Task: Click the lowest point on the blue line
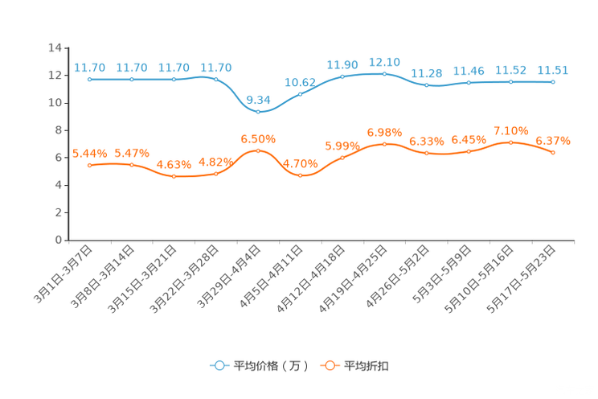point(258,112)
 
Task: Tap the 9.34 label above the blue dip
point(258,100)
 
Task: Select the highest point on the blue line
point(384,73)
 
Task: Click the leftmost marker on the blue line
point(89,80)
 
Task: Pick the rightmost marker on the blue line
point(553,81)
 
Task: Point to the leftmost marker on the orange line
point(89,165)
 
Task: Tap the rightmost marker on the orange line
point(553,152)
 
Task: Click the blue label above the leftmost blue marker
point(89,68)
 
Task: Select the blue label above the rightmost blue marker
point(553,70)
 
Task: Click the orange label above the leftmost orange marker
point(89,153)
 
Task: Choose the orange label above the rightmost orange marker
point(553,141)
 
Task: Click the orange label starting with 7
point(510,130)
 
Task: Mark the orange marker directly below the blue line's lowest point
point(258,150)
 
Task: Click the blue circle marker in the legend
point(218,365)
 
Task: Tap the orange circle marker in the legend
point(329,365)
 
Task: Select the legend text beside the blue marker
point(270,366)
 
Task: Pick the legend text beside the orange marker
point(367,366)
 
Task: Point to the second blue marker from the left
point(131,80)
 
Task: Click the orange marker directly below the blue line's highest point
point(384,144)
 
